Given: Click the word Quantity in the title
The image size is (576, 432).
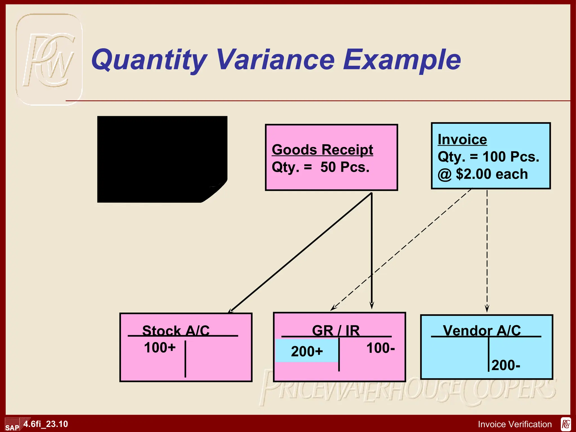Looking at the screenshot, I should pos(149,60).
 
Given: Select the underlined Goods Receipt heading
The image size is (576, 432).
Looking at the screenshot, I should pos(322,150).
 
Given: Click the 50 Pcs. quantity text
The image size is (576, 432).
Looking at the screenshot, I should pos(345,167).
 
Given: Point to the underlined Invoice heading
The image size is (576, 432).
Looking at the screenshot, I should pos(462,140).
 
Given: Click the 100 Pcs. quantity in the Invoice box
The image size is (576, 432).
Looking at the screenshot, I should pos(511,157).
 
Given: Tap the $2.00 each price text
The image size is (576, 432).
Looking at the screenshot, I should pos(492,174).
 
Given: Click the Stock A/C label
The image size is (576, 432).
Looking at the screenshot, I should pos(176,330).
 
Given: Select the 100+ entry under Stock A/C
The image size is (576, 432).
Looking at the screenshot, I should pos(160,348).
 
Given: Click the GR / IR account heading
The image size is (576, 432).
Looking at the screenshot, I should pos(336,330).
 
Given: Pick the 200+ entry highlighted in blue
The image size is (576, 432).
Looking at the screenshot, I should pos(307,351).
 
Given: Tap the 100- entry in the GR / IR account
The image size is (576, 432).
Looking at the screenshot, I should pos(381,348).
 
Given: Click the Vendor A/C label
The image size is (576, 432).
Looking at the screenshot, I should pos(482,330).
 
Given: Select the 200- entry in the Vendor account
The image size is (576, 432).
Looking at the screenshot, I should pos(506,365).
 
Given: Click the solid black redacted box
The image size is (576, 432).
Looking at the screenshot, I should pos(162,159).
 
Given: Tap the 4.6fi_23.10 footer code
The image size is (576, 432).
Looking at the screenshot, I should pos(46,424).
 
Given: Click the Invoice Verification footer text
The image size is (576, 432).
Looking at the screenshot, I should pos(515,424).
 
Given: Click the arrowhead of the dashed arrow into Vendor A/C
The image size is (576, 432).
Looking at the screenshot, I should pos(487,309).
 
